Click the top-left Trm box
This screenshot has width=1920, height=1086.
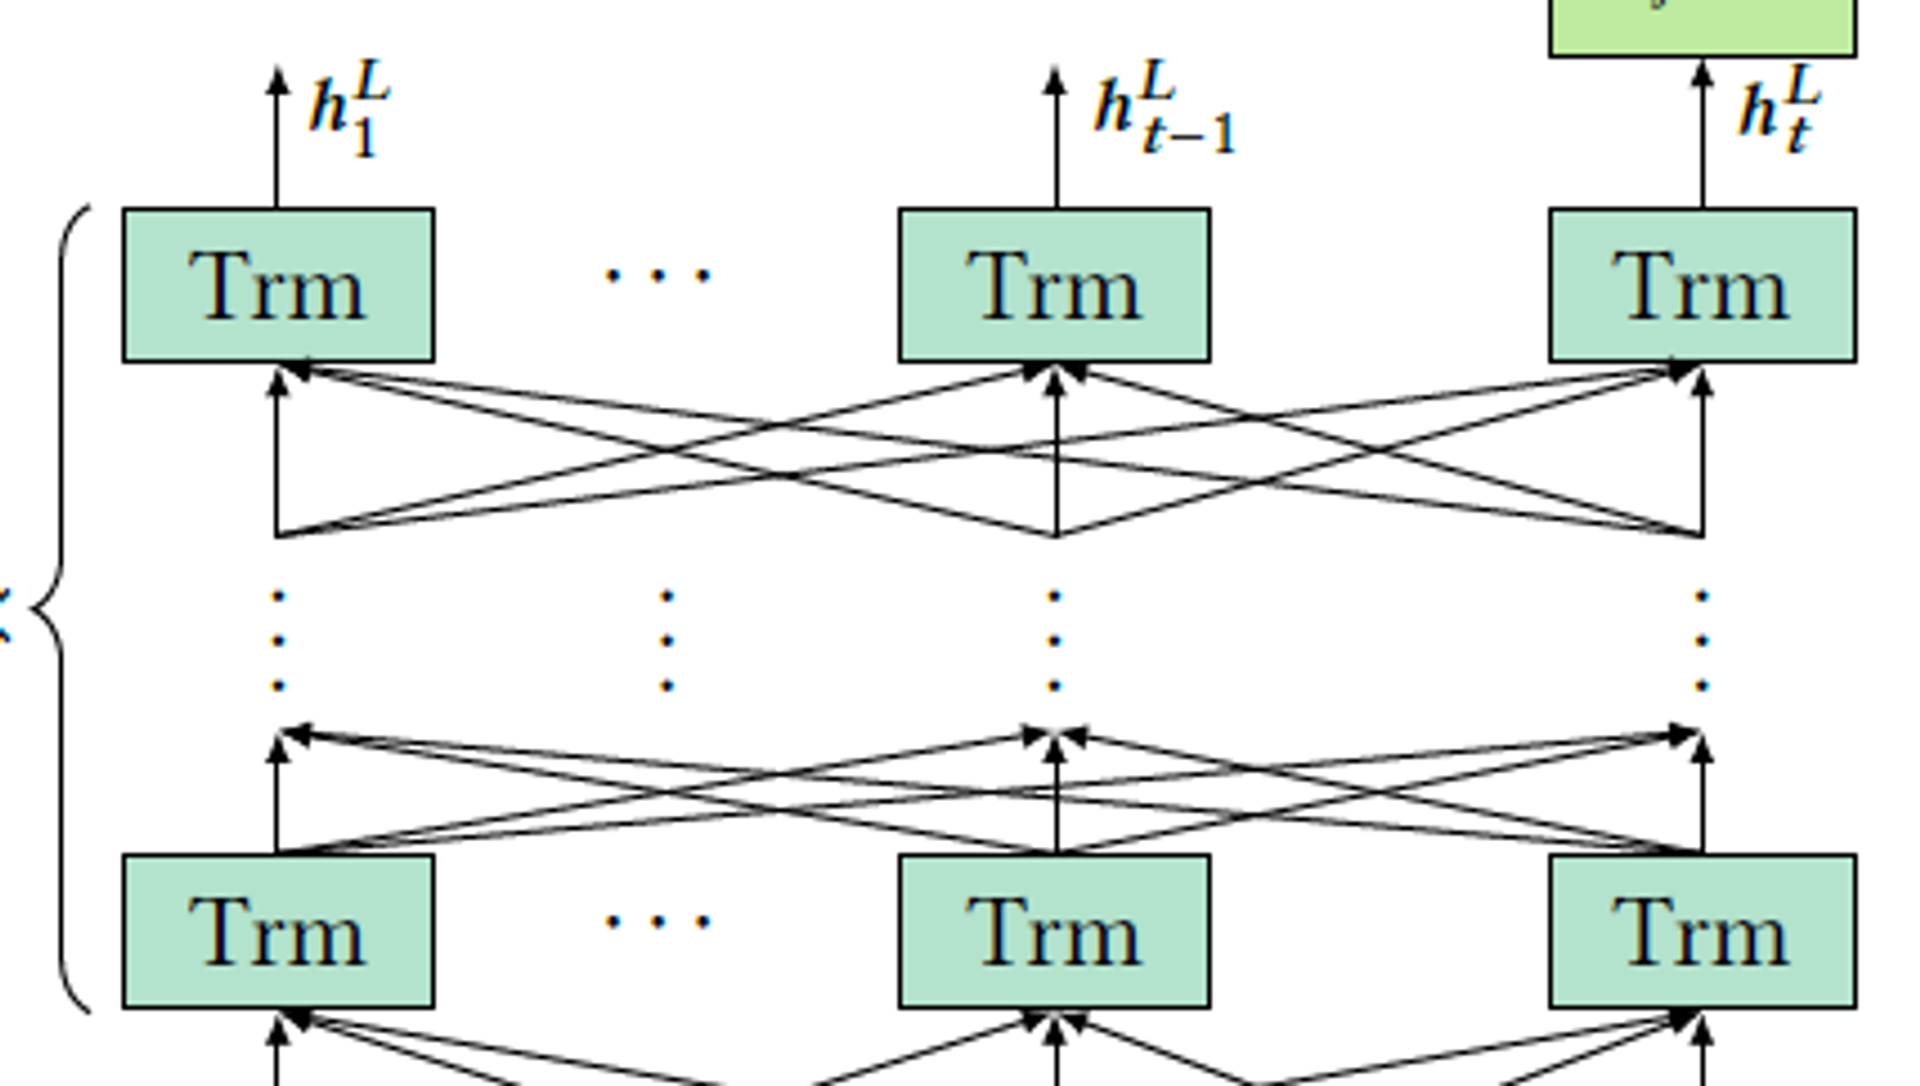(278, 285)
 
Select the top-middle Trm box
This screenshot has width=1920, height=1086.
(1054, 285)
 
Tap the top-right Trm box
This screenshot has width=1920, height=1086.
(1702, 285)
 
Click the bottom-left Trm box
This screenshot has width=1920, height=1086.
(278, 930)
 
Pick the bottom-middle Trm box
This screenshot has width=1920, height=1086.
(1054, 930)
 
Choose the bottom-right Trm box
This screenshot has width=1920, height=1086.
(1702, 930)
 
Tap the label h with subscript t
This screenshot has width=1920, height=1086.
(1779, 110)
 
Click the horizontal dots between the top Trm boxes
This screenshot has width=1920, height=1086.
(658, 277)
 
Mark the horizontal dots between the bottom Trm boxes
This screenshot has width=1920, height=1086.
(658, 923)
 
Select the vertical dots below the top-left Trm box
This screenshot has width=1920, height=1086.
(278, 640)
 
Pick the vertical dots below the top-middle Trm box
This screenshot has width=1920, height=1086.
(1054, 640)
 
